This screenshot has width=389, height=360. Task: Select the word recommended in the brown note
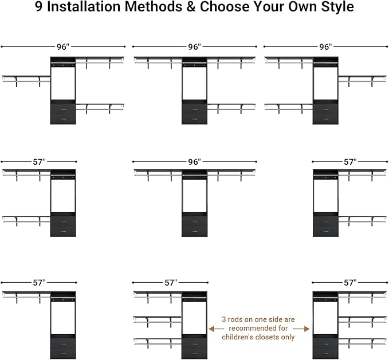260,329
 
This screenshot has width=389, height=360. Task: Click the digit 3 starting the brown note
225,320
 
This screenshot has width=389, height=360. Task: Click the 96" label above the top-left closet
63,47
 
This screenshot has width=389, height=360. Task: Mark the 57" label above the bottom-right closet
350,283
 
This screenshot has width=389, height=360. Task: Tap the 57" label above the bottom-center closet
170,283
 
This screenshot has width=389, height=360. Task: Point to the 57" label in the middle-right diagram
350,162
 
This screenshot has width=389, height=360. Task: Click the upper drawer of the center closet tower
194,221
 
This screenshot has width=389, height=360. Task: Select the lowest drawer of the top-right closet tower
325,119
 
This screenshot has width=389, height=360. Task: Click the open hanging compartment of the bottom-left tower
63,318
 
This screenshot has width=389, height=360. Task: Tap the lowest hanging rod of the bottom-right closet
360,340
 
